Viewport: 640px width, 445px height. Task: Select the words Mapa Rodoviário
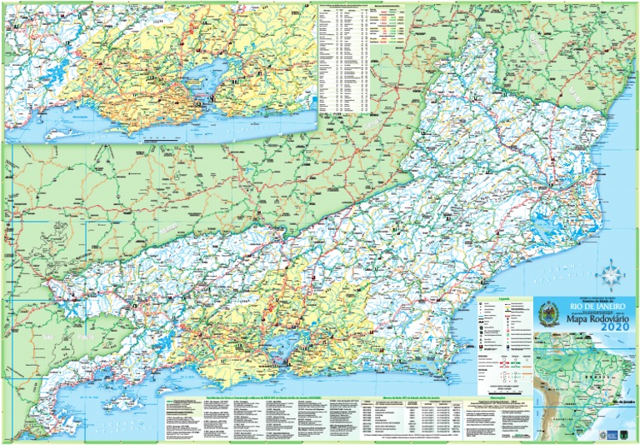(x=587, y=317)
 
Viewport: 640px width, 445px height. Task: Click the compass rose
(x=610, y=274)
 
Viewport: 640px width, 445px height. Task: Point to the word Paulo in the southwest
(x=86, y=337)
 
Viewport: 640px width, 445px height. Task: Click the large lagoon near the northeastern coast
(x=548, y=225)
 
